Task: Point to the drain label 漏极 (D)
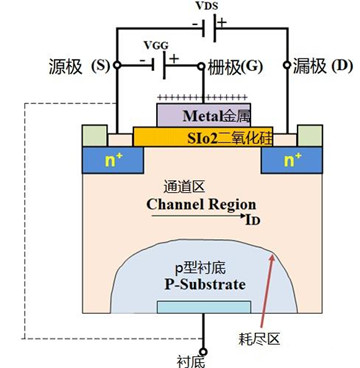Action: click(321, 68)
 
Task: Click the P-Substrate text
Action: click(206, 283)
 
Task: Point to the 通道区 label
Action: click(182, 187)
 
